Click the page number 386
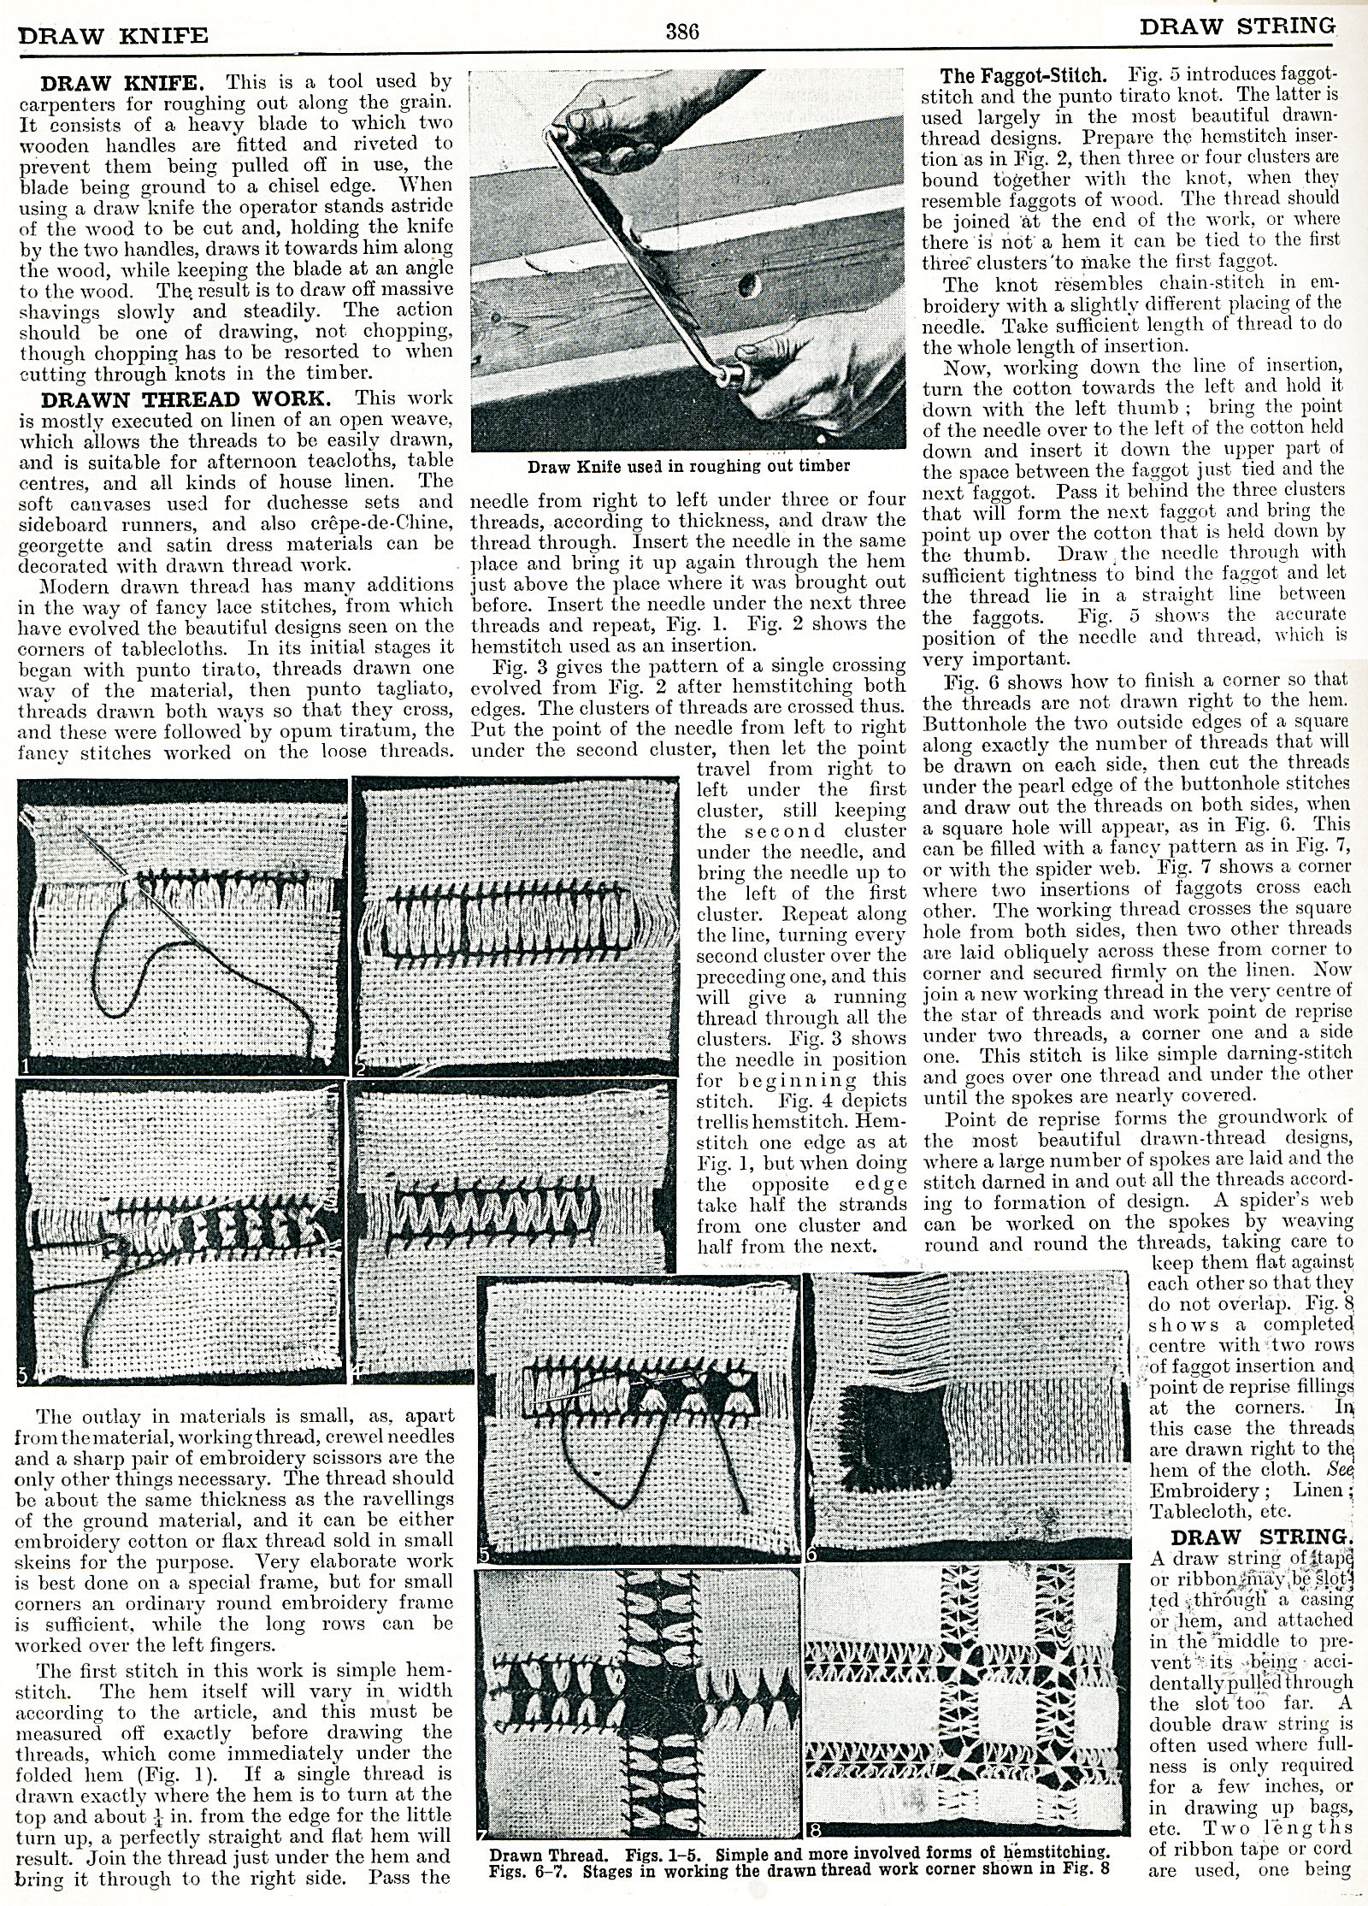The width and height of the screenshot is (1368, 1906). (x=683, y=32)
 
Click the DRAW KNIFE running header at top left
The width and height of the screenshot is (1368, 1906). (x=113, y=35)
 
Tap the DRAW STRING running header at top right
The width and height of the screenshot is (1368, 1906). (x=1236, y=27)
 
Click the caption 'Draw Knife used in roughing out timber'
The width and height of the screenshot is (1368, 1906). (x=688, y=466)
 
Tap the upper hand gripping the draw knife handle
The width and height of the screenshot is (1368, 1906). (x=590, y=120)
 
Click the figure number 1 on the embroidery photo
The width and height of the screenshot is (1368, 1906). (x=26, y=1066)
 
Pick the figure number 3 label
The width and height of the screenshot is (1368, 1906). (x=24, y=1375)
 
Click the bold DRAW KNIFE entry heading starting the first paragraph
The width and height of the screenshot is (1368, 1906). (x=121, y=83)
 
